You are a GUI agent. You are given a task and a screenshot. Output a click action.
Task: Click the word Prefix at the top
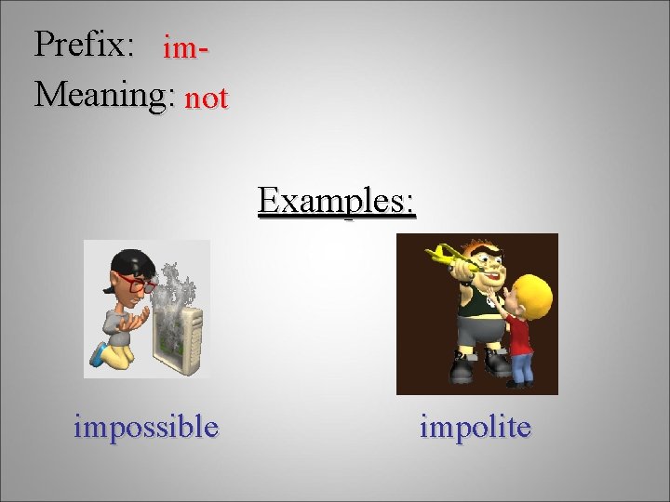point(85,45)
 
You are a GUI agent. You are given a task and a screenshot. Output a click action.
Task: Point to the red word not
point(206,98)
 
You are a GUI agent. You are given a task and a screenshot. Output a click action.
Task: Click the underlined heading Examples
point(337,200)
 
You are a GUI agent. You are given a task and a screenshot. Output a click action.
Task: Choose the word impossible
point(146,427)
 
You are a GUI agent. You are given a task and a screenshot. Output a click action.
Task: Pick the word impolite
point(476,427)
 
